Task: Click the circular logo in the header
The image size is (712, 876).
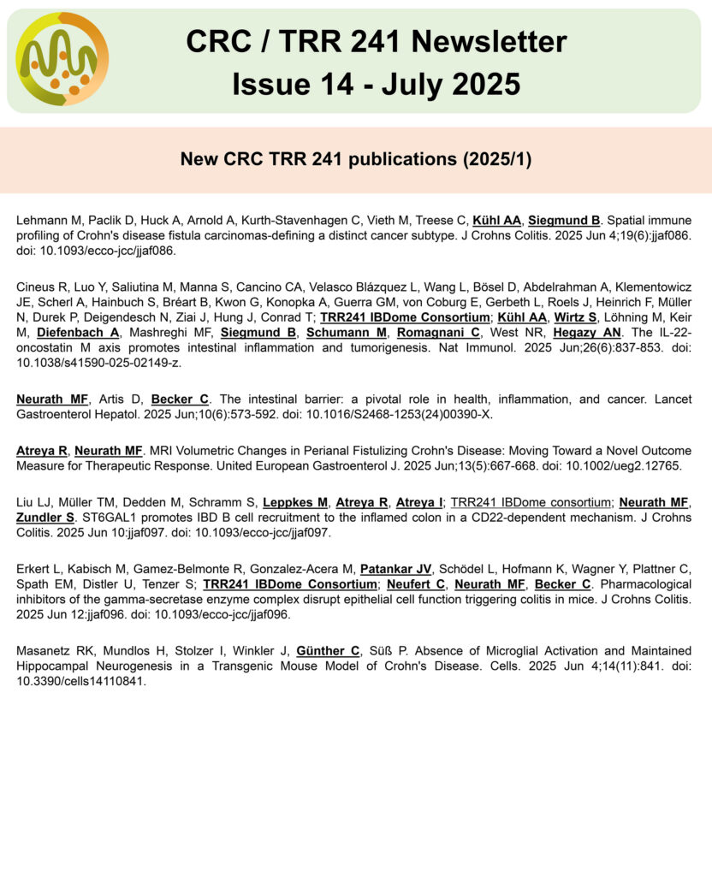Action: click(x=62, y=59)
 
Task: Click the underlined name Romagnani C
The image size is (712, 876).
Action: click(x=439, y=332)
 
